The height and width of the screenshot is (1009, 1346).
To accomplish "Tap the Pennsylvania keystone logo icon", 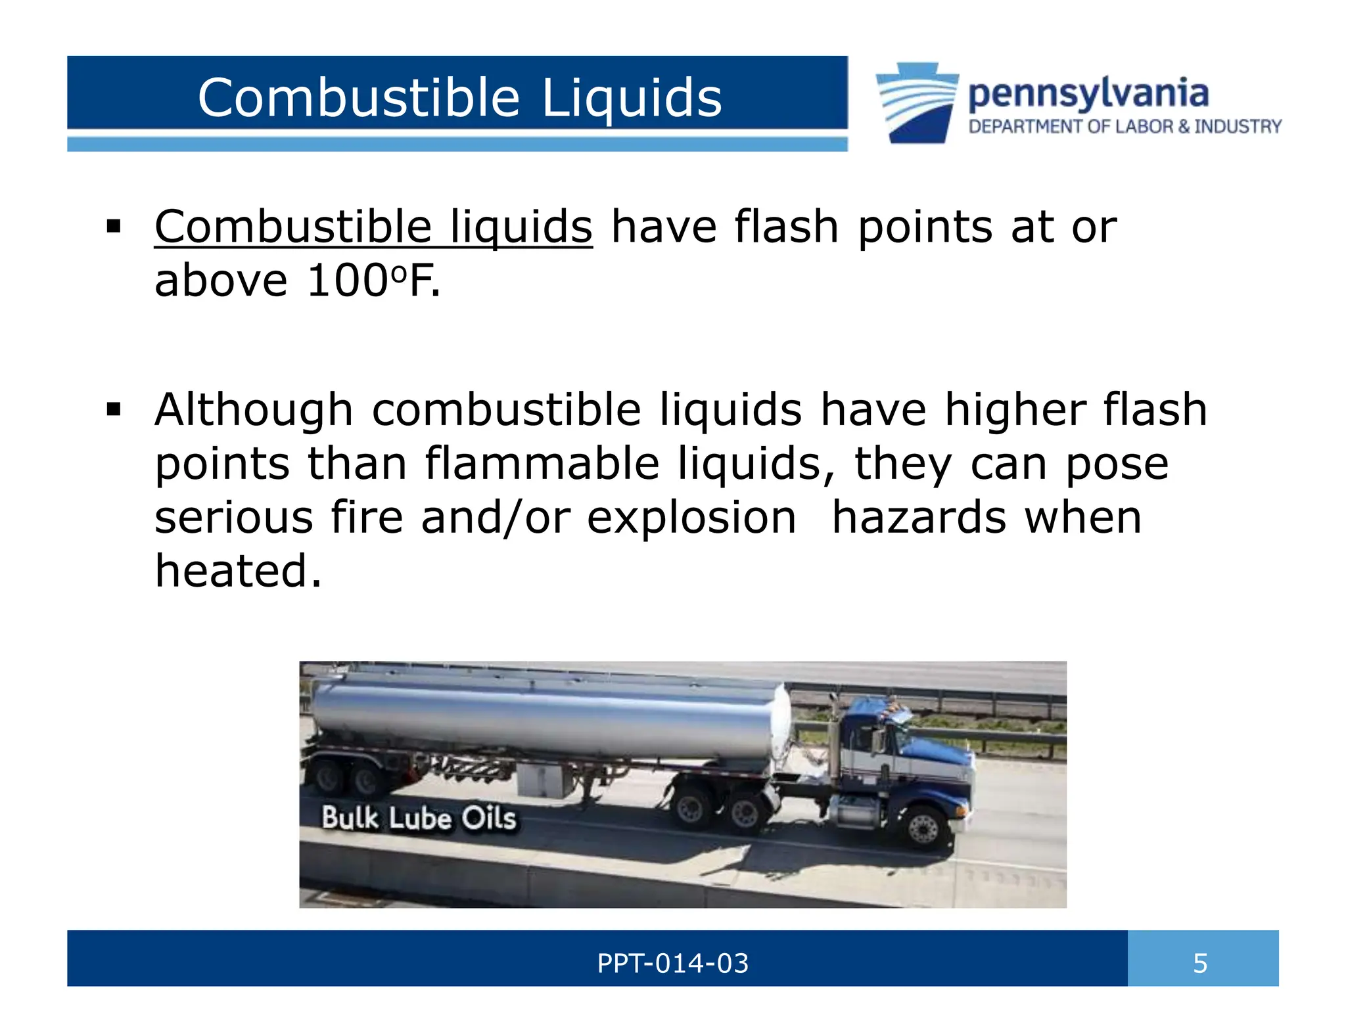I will [916, 103].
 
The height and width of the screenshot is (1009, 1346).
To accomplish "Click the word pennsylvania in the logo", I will [1088, 94].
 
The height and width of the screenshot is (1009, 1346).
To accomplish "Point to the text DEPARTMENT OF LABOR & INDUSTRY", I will [1125, 126].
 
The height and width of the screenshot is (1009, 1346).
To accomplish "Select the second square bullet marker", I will [113, 411].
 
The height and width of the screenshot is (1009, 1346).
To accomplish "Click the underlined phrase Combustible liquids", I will [373, 227].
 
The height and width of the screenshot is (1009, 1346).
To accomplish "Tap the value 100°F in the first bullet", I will [372, 281].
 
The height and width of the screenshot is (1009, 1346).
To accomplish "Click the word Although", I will [254, 410].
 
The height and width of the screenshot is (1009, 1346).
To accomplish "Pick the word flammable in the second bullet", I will [542, 464].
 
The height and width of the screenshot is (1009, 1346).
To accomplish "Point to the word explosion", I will [691, 518].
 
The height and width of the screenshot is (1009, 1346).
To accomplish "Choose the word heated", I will [238, 570].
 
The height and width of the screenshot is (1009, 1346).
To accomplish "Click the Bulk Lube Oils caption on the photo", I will [419, 818].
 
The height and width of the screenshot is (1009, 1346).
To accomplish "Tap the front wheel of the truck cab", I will [923, 829].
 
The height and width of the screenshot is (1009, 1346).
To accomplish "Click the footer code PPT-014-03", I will [672, 964].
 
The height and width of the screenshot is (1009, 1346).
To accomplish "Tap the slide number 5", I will [1200, 964].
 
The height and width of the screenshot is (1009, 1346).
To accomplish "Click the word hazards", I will [919, 518].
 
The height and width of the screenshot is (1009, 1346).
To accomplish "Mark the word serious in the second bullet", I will [234, 518].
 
